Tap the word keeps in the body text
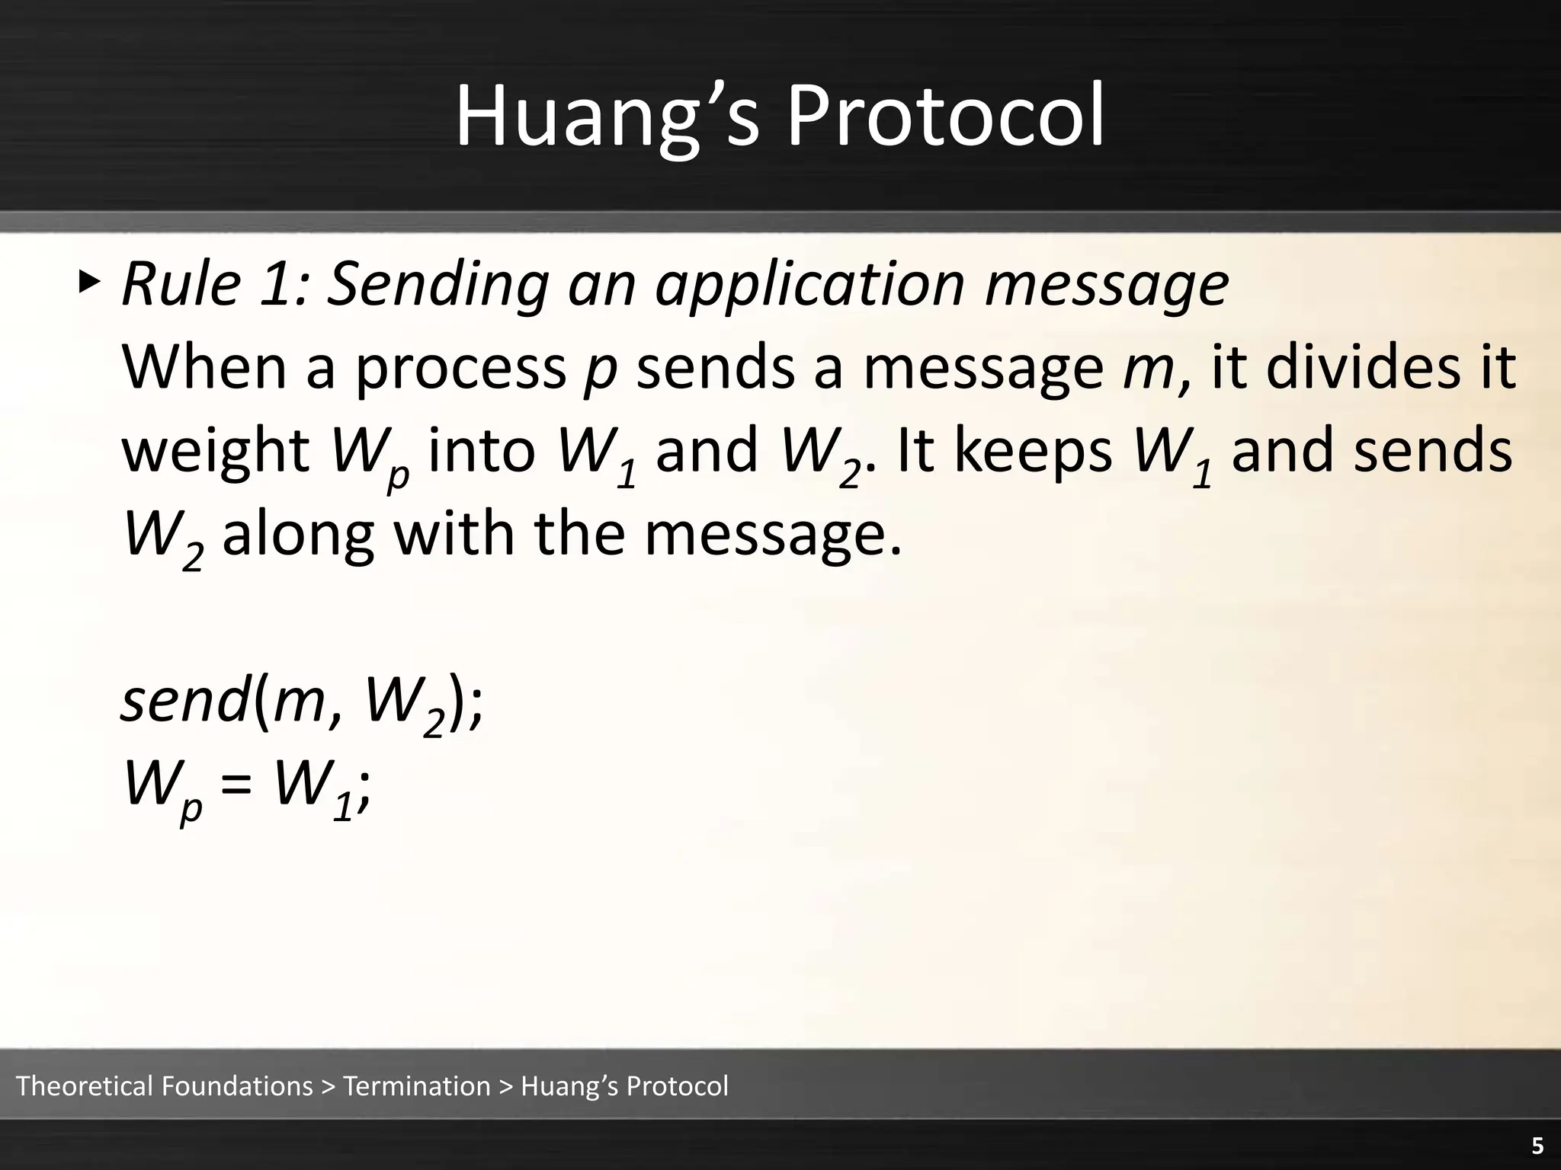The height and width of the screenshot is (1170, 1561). point(1033,451)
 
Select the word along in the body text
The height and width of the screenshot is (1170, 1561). point(298,535)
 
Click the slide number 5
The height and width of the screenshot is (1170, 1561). point(1537,1147)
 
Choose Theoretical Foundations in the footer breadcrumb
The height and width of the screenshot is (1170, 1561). point(164,1086)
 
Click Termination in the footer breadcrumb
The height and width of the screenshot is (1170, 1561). point(417,1086)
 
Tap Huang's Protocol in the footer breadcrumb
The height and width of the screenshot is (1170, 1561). point(624,1086)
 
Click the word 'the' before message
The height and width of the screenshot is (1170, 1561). point(579,535)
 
